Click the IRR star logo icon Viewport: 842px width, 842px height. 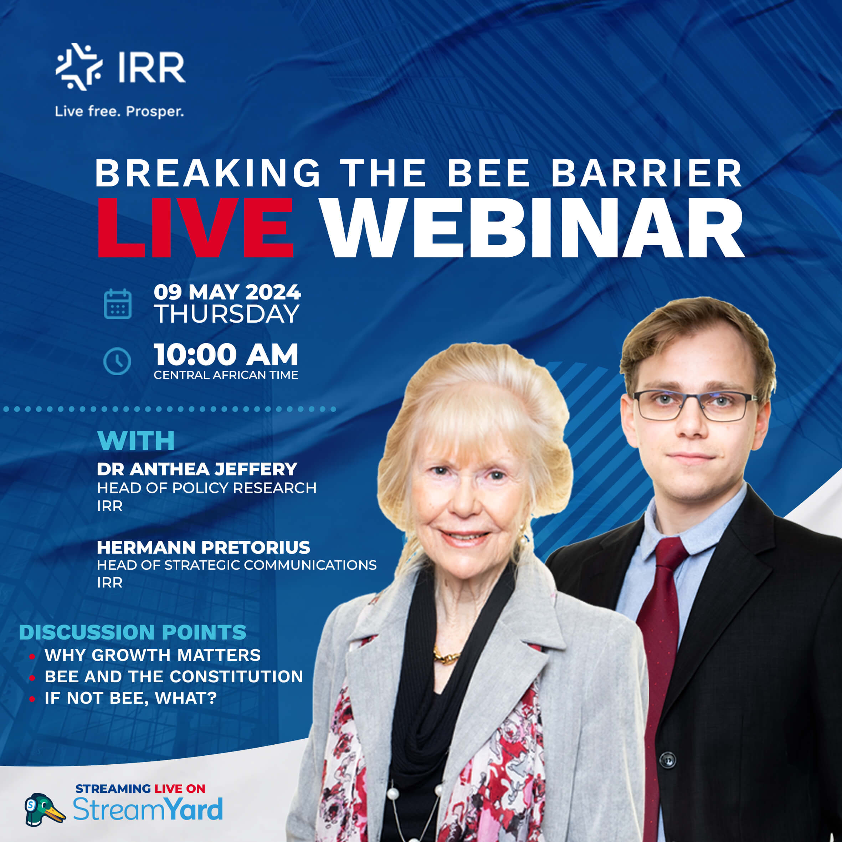point(79,67)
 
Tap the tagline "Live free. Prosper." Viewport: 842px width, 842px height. point(119,112)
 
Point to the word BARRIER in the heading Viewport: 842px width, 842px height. point(647,173)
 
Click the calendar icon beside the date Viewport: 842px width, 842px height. point(118,304)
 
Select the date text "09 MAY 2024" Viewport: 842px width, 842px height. point(227,292)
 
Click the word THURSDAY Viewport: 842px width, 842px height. point(227,314)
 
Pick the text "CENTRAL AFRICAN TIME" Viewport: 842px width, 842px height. point(226,375)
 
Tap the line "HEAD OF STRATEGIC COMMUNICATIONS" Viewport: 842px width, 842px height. point(237,565)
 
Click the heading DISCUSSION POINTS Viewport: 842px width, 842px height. point(133,632)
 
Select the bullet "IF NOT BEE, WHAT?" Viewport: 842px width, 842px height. point(131,698)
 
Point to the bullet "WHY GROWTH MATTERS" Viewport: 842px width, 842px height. point(153,655)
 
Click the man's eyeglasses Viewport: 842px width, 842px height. point(695,406)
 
